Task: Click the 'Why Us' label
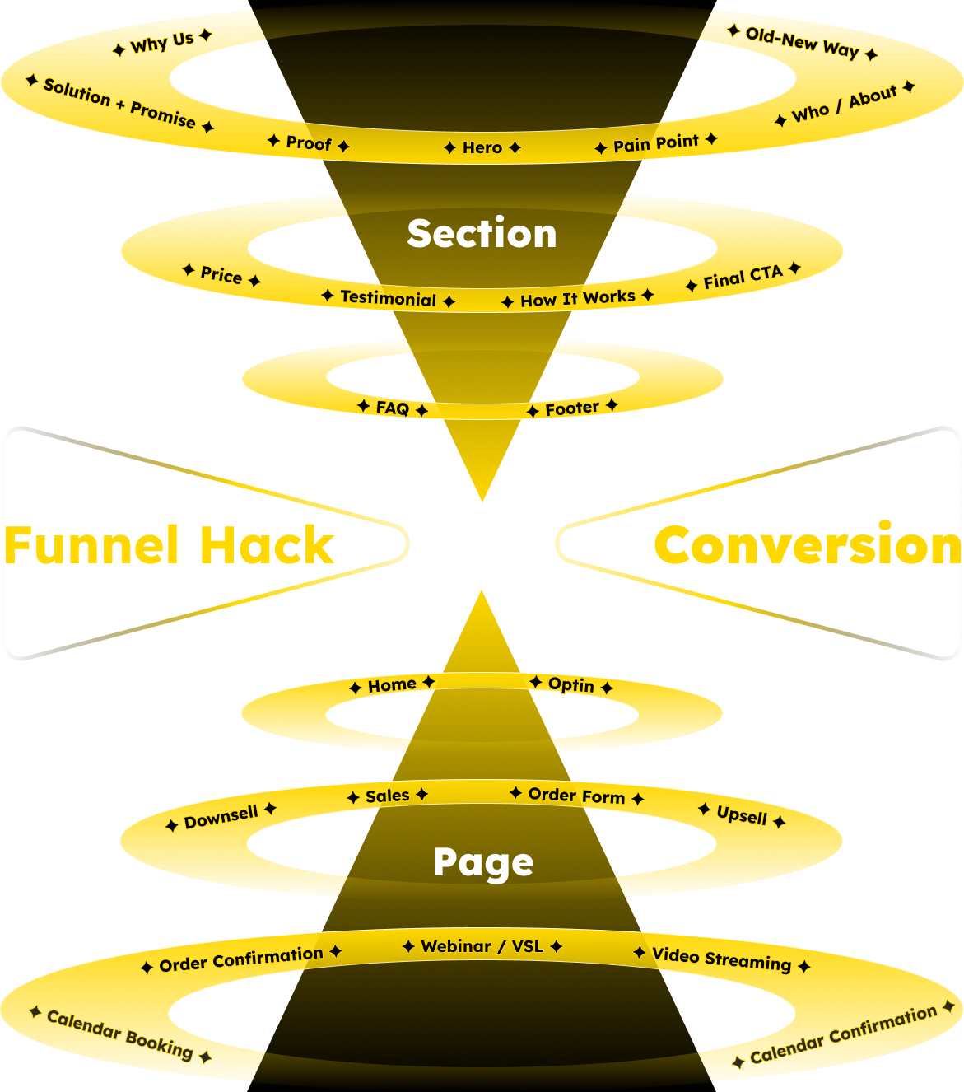tap(162, 42)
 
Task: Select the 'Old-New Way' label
tap(802, 43)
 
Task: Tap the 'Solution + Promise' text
tap(119, 104)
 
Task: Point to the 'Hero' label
tap(482, 147)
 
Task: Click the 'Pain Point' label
tap(656, 144)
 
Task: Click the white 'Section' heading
tap(482, 234)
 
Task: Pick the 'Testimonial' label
tap(388, 298)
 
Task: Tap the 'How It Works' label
tap(578, 298)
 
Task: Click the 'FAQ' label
tap(393, 408)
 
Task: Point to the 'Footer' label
tap(572, 408)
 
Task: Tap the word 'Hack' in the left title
tap(267, 545)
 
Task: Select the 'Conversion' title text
tap(807, 545)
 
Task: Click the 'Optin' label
tap(571, 684)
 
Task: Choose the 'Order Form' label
tap(576, 796)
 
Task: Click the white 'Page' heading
tap(483, 863)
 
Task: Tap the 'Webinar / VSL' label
tap(482, 946)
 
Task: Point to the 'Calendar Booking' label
tap(120, 1034)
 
